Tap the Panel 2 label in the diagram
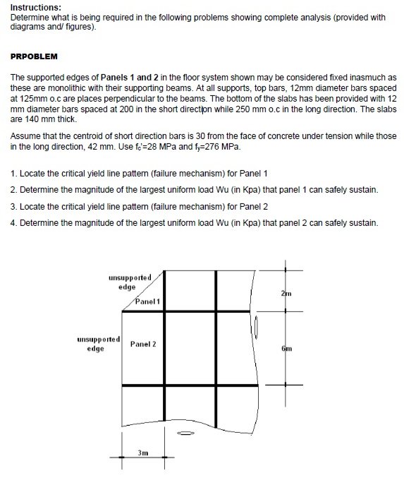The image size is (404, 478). coord(143,344)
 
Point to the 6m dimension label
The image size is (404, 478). coord(286,349)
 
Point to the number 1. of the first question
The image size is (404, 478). coord(14,173)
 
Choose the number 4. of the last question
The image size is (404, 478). coord(14,223)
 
